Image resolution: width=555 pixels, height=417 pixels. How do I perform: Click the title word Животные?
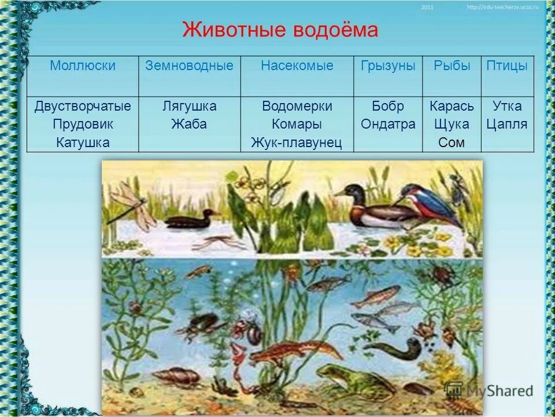pos(230,30)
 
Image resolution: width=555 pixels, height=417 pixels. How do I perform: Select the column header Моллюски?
pos(83,66)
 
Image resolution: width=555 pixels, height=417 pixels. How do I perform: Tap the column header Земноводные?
pos(189,66)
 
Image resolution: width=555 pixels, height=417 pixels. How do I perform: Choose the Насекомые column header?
pos(297,66)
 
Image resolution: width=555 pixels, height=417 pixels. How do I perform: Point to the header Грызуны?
pos(388,66)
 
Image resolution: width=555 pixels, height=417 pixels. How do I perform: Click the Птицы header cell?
pos(507,66)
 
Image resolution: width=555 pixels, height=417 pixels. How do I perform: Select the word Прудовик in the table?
pos(83,125)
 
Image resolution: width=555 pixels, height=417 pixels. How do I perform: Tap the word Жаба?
pos(189,125)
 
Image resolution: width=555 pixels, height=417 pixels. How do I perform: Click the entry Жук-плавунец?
pos(297,142)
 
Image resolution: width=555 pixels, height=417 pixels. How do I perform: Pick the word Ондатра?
pos(388,125)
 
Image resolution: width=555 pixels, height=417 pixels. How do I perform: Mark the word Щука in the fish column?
pos(452,125)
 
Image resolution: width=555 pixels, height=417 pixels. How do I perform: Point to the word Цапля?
pos(507,125)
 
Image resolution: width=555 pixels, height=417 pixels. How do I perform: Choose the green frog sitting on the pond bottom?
pos(347,379)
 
